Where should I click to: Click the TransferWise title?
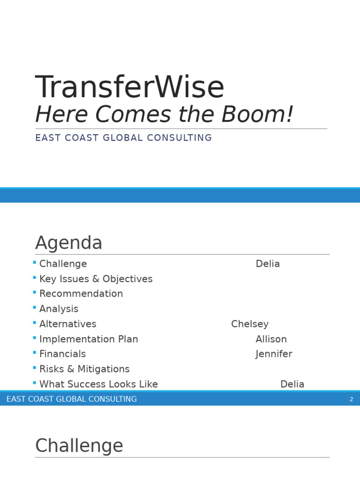tap(130, 88)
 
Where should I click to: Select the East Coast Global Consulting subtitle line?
tap(123, 138)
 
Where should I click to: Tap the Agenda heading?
tap(68, 243)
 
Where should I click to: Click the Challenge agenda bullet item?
tap(63, 264)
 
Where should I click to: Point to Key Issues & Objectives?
tap(96, 279)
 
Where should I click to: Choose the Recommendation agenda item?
tap(81, 294)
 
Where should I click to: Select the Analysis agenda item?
tap(59, 309)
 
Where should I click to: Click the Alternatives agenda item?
tap(67, 324)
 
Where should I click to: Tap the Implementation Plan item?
tap(89, 339)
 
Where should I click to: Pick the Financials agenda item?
tap(62, 354)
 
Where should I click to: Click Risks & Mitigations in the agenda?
tap(84, 369)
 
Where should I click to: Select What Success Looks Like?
tap(98, 384)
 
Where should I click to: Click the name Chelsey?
tap(250, 324)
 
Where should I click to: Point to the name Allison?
tap(271, 339)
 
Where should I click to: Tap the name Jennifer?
tap(274, 354)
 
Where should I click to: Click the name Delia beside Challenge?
tap(268, 264)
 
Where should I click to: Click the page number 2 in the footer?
tap(351, 399)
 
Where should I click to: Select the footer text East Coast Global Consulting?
tap(72, 399)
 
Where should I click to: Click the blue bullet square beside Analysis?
tap(35, 307)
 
